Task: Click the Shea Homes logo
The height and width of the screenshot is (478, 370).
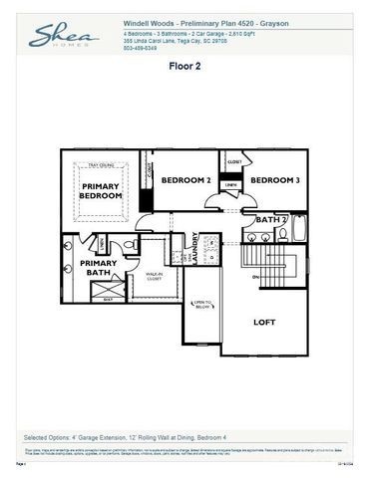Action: (62, 38)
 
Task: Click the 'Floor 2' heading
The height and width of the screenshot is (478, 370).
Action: (185, 71)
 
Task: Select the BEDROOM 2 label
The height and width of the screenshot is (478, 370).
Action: (186, 180)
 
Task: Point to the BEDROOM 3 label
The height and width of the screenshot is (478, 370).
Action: (274, 180)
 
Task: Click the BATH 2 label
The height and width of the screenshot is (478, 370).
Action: (271, 219)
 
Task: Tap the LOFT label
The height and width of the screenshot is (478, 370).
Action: (264, 322)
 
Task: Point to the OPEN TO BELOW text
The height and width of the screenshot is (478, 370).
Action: (200, 303)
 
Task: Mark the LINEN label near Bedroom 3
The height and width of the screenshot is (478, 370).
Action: (230, 184)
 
